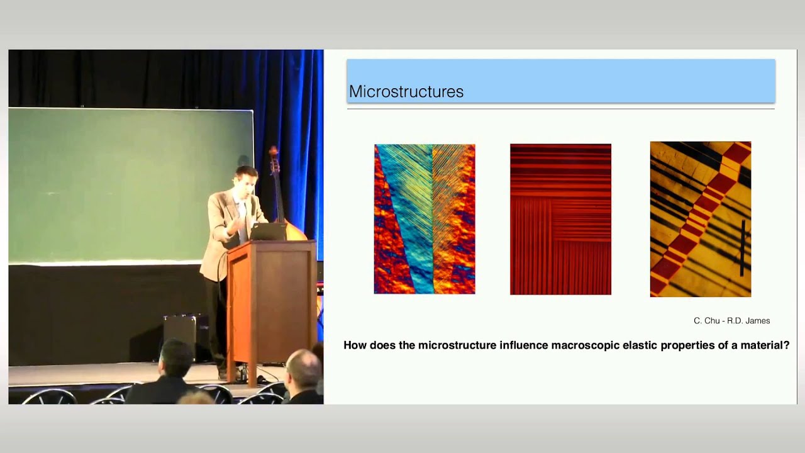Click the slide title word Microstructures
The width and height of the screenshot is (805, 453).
(406, 91)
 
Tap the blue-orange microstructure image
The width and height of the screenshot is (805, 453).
(425, 219)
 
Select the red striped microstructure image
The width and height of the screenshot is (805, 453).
(560, 220)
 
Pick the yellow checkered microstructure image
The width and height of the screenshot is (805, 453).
(701, 220)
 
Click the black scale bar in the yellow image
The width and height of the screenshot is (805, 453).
(742, 248)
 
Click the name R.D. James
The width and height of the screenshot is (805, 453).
(748, 321)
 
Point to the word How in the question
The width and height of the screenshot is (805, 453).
(355, 345)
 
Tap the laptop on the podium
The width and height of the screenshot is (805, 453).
(268, 232)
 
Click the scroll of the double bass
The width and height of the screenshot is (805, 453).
(274, 155)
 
